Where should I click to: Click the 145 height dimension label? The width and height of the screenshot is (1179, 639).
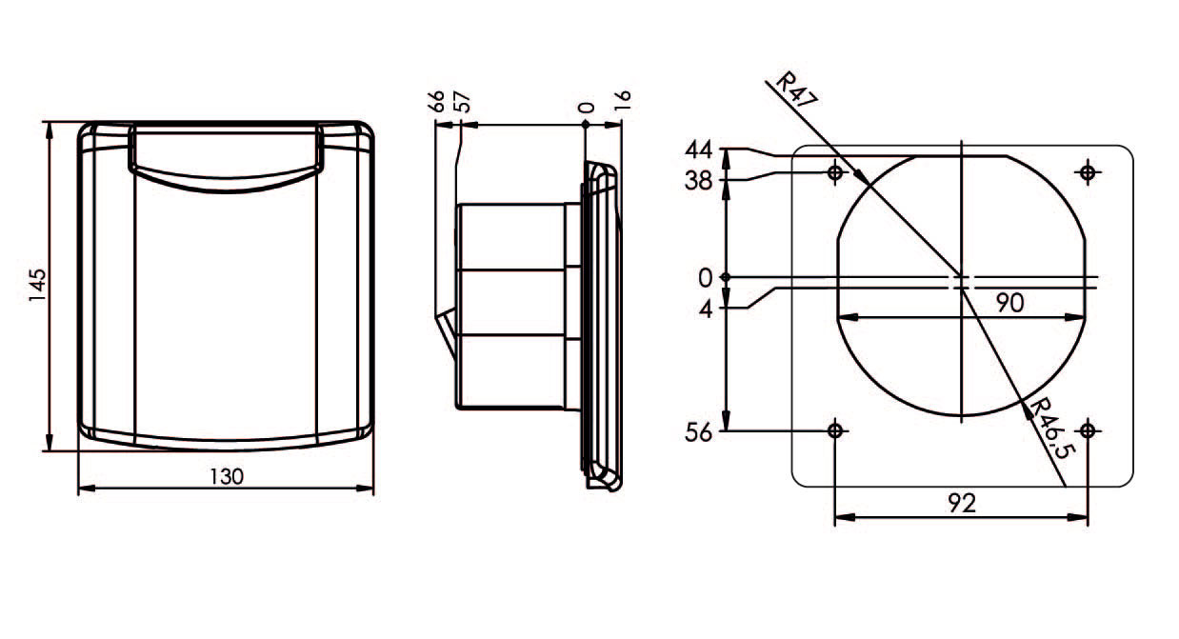[37, 286]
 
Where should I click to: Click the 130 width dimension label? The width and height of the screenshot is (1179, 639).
[227, 477]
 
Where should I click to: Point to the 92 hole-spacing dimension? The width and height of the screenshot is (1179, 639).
[962, 503]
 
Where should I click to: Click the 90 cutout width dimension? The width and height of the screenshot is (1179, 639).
[1010, 303]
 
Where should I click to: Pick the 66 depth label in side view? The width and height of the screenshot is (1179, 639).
[436, 102]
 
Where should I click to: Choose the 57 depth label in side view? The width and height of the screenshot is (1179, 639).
[462, 102]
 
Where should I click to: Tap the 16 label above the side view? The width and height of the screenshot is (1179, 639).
[622, 100]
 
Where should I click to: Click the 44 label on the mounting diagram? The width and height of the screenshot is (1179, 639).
[698, 150]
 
